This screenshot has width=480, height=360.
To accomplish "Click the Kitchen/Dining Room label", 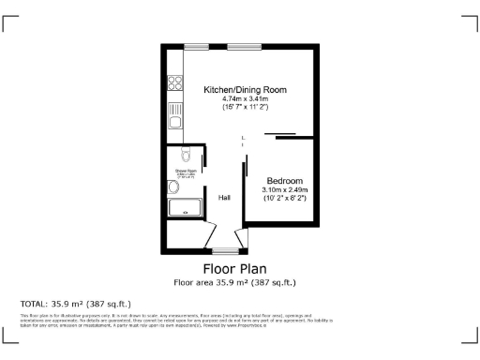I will click(245, 89).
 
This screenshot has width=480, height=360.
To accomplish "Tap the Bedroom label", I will click(284, 180).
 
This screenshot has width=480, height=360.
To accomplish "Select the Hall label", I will click(225, 198).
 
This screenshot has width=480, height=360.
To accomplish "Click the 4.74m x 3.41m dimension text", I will click(245, 98).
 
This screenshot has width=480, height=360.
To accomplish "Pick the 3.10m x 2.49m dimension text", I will click(284, 190).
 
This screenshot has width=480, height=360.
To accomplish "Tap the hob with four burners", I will click(173, 82).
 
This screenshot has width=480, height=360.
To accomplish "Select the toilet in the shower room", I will click(185, 154).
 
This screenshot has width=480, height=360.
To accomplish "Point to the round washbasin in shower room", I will click(172, 187).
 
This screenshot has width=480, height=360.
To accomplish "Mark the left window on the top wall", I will click(196, 46).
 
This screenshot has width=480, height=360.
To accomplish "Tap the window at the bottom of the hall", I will click(225, 251).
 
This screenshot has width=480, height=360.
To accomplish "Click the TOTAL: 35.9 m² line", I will click(75, 304).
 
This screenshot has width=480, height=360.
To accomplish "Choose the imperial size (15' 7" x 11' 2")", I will click(245, 108).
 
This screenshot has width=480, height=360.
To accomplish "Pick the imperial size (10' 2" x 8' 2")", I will click(284, 199).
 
